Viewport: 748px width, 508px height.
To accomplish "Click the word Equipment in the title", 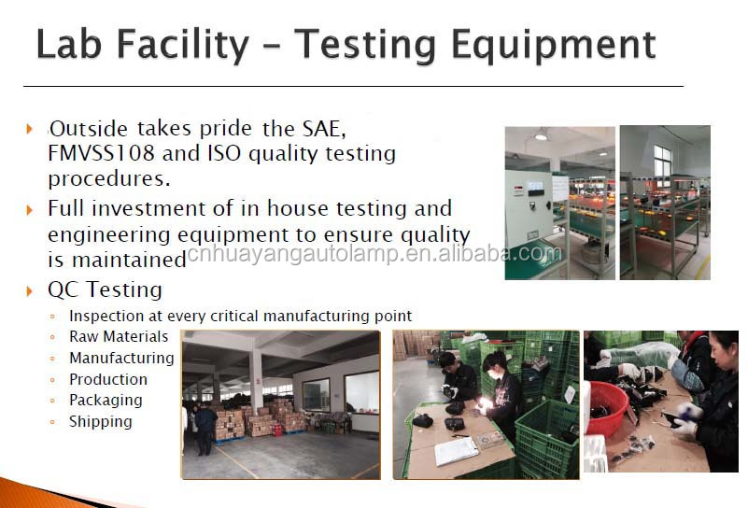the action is pyautogui.click(x=554, y=47).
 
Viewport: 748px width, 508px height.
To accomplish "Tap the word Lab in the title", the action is pyautogui.click(x=69, y=44).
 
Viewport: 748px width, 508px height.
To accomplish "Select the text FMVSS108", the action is pyautogui.click(x=101, y=153).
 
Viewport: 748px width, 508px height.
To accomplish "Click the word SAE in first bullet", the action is pyautogui.click(x=324, y=128).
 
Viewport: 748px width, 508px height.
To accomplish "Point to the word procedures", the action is pyautogui.click(x=108, y=179).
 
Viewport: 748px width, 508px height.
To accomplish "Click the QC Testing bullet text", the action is pyautogui.click(x=105, y=289).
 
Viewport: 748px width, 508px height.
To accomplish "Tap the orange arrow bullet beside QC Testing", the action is pyautogui.click(x=30, y=290).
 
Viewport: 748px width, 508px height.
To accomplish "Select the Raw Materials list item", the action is pyautogui.click(x=119, y=336).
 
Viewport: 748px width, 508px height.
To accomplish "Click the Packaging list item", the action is pyautogui.click(x=106, y=401).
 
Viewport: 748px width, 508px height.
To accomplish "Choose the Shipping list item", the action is pyautogui.click(x=100, y=422).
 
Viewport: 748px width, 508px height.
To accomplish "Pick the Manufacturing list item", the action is pyautogui.click(x=121, y=358).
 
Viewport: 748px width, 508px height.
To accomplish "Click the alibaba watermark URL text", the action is pyautogui.click(x=374, y=253).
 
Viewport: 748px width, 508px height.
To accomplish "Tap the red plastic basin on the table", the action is pyautogui.click(x=607, y=408).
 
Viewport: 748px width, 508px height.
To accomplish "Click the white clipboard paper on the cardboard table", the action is pyautogui.click(x=456, y=450).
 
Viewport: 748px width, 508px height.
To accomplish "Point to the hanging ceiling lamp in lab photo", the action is pyautogui.click(x=541, y=135).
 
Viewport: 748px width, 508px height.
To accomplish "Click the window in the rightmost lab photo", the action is pyautogui.click(x=662, y=161).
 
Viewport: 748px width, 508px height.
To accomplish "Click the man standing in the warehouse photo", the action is pyautogui.click(x=205, y=428).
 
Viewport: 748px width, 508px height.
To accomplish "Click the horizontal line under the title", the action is pyautogui.click(x=354, y=86).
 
